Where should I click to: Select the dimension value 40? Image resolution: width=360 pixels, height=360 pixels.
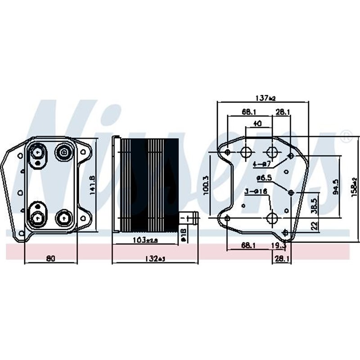pyautogui.click(x=258, y=123)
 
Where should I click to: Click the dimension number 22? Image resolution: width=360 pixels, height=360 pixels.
pyautogui.click(x=315, y=224)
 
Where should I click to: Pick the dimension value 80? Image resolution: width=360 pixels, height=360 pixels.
pyautogui.click(x=51, y=258)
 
